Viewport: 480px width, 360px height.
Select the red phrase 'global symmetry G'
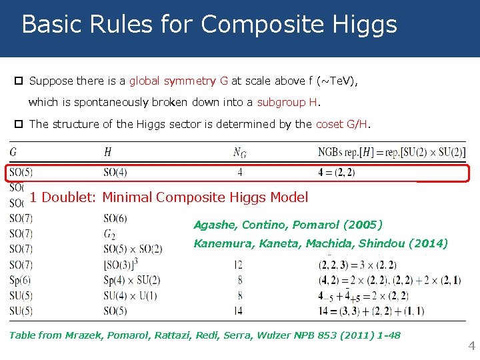(x=178, y=81)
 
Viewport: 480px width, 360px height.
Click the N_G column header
(x=239, y=153)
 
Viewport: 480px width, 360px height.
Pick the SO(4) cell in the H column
(x=115, y=173)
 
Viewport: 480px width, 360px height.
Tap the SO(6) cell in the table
(x=115, y=219)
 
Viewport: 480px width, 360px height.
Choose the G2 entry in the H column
(x=110, y=234)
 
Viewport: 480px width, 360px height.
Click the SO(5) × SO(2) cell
(x=133, y=249)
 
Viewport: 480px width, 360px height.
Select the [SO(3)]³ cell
(x=120, y=265)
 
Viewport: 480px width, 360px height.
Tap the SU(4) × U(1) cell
(x=130, y=295)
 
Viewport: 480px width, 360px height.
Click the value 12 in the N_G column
(x=239, y=265)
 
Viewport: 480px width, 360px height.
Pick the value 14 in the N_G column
(x=239, y=311)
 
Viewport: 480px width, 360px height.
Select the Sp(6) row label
(x=20, y=280)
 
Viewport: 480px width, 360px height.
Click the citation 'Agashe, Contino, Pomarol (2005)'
(x=288, y=225)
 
